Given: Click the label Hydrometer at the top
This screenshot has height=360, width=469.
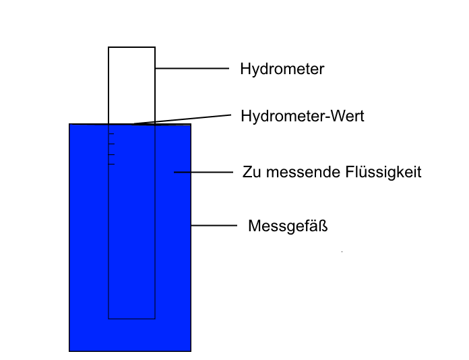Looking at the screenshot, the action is [x=282, y=69].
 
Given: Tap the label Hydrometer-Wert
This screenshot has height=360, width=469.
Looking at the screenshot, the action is [x=303, y=116].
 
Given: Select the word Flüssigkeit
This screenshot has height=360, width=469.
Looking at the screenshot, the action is [x=383, y=173].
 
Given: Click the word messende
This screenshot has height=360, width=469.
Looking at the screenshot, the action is [x=303, y=173].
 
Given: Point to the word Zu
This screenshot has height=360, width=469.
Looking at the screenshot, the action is [x=251, y=172].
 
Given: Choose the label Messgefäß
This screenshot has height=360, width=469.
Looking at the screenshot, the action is [x=288, y=227].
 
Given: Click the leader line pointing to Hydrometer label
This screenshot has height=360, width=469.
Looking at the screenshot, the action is [x=192, y=69].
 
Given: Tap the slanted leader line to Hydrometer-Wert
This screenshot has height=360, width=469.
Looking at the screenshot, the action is [x=182, y=119].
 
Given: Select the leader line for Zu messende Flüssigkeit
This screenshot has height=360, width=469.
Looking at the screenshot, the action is [x=204, y=172].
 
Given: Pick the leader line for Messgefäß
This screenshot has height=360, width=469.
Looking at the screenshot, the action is [x=214, y=225].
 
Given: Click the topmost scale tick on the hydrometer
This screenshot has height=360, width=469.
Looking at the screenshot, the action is [x=111, y=133].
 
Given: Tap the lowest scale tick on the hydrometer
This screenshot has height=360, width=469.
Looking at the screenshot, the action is [x=111, y=164].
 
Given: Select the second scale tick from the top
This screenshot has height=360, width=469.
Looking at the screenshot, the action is [x=111, y=144].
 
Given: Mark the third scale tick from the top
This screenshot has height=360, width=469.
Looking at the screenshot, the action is [x=111, y=154].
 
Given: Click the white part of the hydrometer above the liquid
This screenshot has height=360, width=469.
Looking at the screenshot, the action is [x=131, y=86].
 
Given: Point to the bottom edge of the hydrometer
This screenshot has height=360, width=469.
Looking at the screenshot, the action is [x=131, y=319].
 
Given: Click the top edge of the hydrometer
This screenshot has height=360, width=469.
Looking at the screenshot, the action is [x=131, y=47].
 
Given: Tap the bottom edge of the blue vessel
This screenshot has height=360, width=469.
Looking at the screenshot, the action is [x=130, y=351].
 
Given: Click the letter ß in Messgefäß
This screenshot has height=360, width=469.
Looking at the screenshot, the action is [x=323, y=226].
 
